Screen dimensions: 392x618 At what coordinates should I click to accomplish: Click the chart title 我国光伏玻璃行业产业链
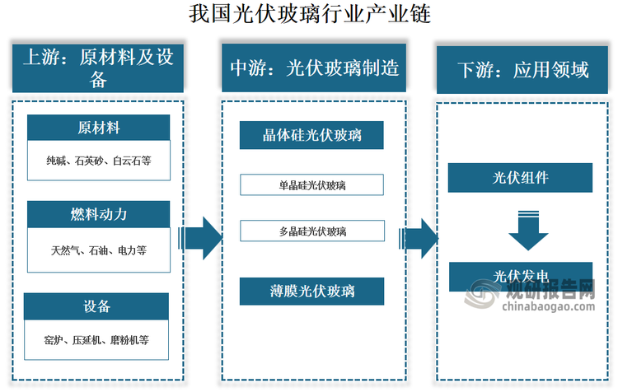[308, 14]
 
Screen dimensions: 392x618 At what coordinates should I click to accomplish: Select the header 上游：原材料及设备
[97, 68]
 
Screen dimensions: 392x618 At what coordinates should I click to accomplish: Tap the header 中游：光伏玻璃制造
[312, 68]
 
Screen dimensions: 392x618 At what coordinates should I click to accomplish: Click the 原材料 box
[99, 128]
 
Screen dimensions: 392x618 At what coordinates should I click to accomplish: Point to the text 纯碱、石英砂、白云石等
[99, 161]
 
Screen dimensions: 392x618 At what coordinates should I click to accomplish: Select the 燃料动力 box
[99, 214]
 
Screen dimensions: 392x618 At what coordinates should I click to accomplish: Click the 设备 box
[96, 306]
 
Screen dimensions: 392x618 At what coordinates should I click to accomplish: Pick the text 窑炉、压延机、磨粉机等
[97, 339]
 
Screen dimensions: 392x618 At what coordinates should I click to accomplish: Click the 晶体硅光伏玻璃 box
[312, 134]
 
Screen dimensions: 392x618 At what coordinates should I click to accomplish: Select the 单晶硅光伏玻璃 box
[312, 185]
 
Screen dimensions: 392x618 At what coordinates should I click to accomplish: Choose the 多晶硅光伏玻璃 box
[312, 231]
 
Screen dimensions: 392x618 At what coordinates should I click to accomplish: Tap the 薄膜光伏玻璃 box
[312, 291]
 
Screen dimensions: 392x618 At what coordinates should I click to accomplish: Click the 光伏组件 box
[520, 177]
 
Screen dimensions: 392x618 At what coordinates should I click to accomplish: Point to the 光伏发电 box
[520, 275]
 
